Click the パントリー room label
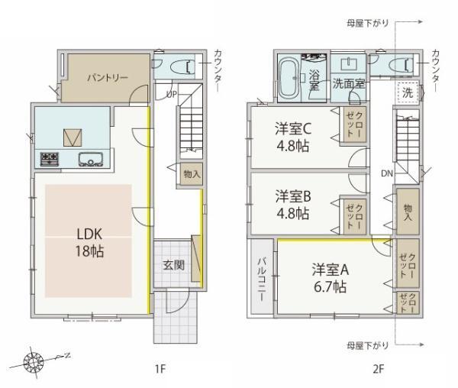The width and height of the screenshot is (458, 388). click(x=108, y=78)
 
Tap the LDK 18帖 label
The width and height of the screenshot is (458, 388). click(x=89, y=243)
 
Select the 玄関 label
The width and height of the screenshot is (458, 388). click(x=173, y=265)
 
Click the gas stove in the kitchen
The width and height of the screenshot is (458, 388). click(x=50, y=159)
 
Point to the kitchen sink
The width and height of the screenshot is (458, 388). click(x=91, y=160)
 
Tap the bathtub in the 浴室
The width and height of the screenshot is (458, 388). click(x=289, y=79)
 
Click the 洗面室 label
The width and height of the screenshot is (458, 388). click(x=349, y=84)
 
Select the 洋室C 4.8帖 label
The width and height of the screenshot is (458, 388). click(x=293, y=137)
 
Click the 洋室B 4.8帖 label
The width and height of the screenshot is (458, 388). click(x=293, y=205)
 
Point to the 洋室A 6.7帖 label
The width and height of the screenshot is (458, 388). click(x=330, y=278)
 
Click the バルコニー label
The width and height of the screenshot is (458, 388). click(x=261, y=280)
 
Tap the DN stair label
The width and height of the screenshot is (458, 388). click(x=387, y=173)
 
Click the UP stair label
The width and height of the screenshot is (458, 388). click(x=172, y=94)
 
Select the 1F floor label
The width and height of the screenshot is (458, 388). click(x=160, y=370)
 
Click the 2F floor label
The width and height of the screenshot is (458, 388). click(x=378, y=370)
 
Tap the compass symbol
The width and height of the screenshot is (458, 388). click(x=34, y=362)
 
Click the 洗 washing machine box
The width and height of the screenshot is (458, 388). click(x=408, y=92)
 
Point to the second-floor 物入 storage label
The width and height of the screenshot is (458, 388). click(x=408, y=212)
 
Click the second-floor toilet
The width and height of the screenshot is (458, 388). click(x=402, y=66)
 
